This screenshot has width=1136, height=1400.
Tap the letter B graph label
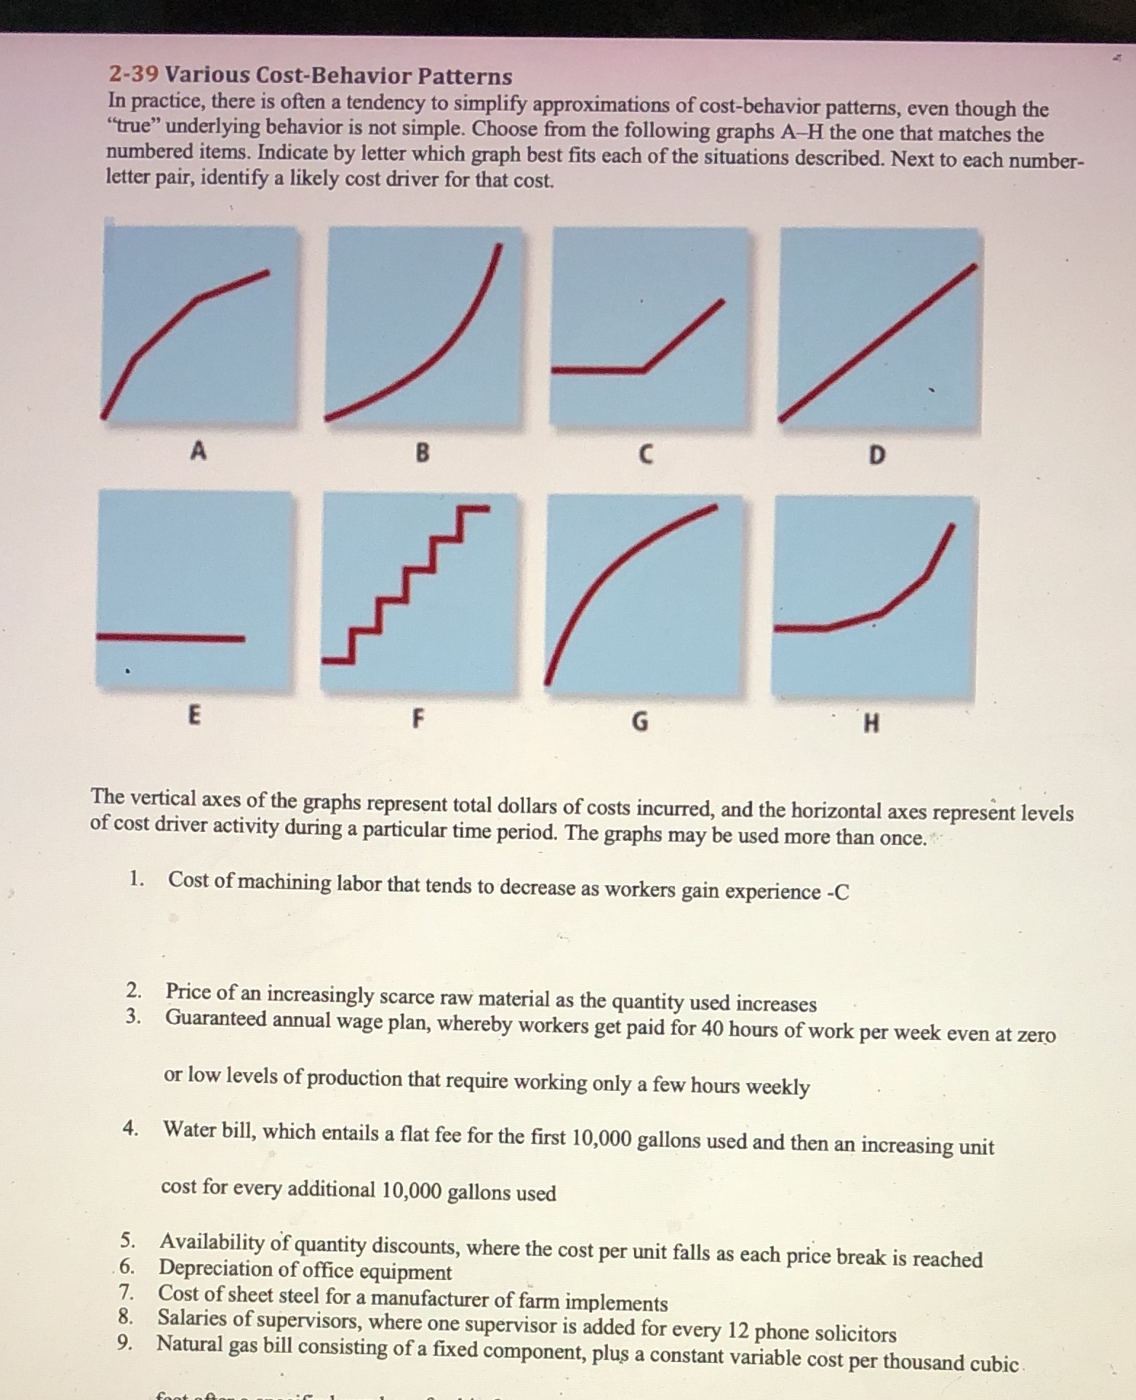click(422, 454)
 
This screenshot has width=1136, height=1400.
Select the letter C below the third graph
click(644, 455)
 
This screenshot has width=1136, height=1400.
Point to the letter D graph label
click(877, 456)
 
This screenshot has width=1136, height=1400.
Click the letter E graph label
click(193, 716)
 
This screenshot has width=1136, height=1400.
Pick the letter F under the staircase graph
click(417, 719)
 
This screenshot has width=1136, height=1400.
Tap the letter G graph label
click(639, 721)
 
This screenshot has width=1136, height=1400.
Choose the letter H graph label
click(871, 724)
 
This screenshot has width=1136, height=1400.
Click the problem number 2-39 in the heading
click(133, 74)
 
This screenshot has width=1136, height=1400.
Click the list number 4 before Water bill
click(130, 1128)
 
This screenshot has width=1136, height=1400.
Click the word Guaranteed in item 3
click(216, 1017)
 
